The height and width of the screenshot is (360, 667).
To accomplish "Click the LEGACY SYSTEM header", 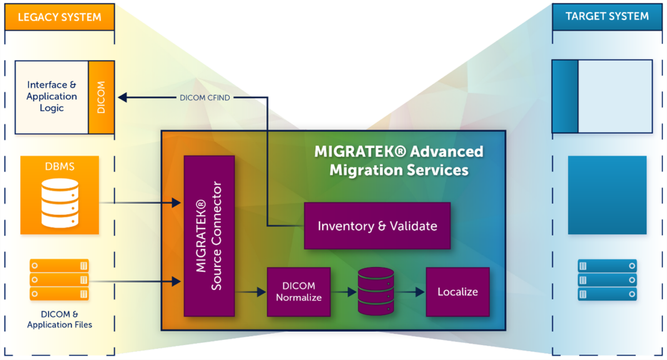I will (59, 17).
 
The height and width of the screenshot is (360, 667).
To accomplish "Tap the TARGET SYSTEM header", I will (607, 16).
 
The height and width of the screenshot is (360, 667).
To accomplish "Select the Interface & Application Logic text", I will (52, 97).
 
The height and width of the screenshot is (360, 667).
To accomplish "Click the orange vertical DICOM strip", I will (101, 97).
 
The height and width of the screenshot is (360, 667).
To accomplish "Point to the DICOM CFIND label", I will (205, 98).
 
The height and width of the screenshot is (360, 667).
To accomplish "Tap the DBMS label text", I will (59, 167).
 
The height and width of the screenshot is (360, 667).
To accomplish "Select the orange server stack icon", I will (59, 279).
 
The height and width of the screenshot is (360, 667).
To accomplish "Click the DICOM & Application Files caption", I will (59, 319).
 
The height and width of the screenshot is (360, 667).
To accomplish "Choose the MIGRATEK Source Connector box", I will (209, 236).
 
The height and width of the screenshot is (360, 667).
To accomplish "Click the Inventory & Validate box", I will (377, 226).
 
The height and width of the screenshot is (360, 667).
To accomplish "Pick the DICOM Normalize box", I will (298, 292).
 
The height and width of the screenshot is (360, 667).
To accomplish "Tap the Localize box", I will (457, 292).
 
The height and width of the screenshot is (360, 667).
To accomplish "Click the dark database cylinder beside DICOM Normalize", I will (376, 292).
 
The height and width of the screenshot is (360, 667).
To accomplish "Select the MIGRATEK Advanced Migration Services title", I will (399, 161).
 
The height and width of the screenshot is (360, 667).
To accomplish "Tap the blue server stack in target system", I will (607, 279).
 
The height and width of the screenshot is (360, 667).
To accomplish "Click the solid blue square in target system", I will (607, 195).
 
